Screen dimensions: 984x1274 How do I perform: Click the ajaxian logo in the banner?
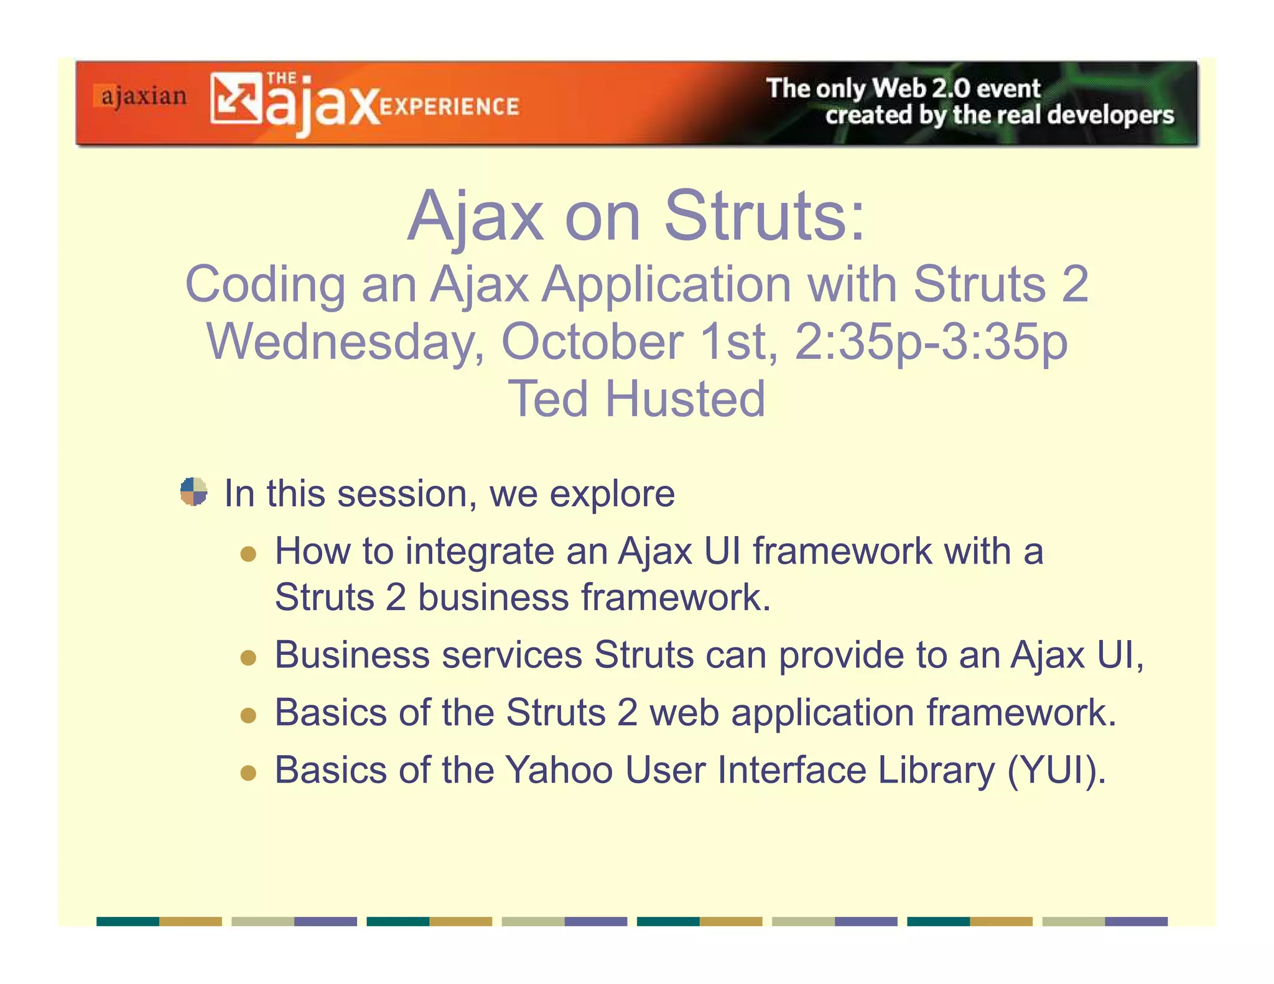pos(142,97)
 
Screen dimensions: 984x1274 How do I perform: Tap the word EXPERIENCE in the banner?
pos(449,107)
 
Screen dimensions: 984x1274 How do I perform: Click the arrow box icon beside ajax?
pos(236,98)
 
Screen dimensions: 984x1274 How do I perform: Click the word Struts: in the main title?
pos(765,216)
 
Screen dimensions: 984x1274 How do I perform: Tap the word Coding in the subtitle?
pos(265,285)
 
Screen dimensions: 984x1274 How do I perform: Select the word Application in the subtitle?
pos(666,285)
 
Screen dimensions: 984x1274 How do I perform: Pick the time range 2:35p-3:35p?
pos(931,342)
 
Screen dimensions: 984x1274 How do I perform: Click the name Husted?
pos(685,399)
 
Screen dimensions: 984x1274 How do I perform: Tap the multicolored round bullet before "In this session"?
pos(193,491)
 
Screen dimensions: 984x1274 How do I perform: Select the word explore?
pos(612,494)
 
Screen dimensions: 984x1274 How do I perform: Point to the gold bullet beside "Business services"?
pos(248,657)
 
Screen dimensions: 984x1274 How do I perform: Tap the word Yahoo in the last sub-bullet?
pos(559,770)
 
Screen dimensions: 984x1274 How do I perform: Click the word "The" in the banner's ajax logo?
pos(281,78)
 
